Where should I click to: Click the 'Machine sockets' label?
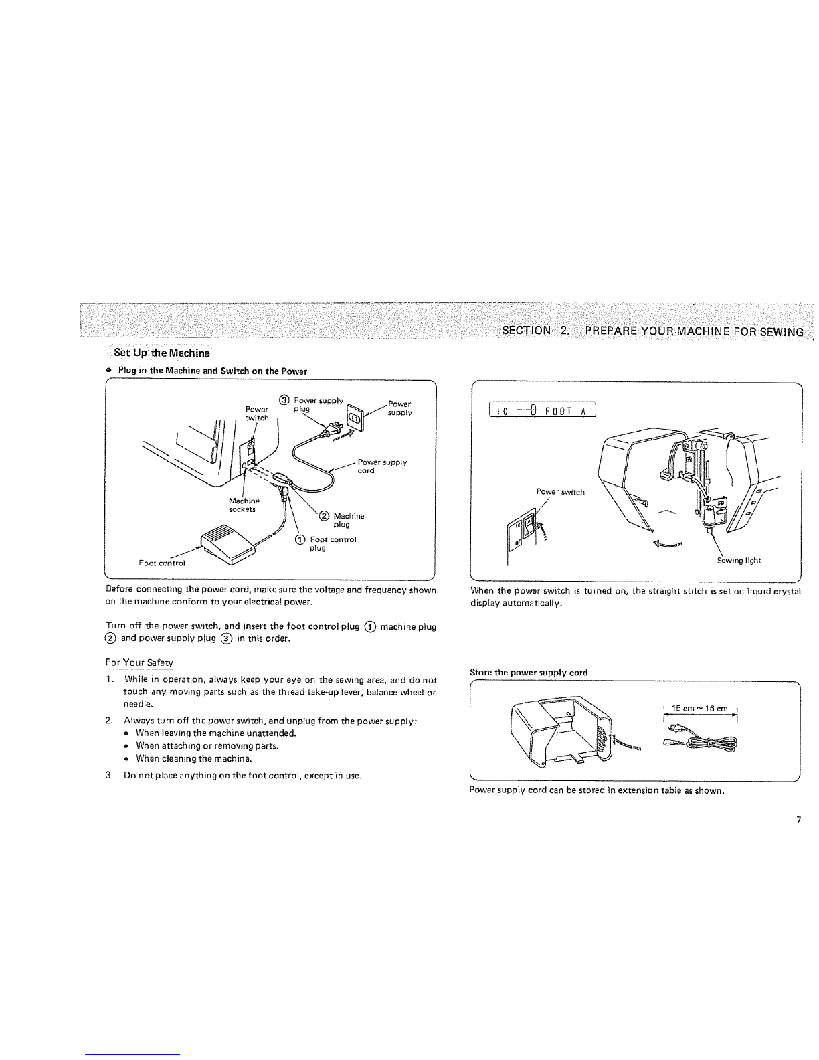[244, 505]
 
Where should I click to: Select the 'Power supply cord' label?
[382, 466]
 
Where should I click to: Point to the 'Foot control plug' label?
[333, 543]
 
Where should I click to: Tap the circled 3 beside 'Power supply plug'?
[284, 400]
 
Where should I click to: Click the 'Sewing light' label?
[739, 561]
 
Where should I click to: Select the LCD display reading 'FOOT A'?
[543, 410]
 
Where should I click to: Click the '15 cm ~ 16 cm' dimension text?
[699, 708]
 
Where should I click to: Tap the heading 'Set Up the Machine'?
[161, 353]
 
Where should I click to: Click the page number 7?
[798, 820]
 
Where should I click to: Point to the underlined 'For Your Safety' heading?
[139, 662]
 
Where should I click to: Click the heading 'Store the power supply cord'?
[529, 672]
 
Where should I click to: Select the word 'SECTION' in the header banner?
[527, 330]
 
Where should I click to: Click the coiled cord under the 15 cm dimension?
[701, 739]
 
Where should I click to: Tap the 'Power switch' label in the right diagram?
[560, 492]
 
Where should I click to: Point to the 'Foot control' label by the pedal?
[162, 563]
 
